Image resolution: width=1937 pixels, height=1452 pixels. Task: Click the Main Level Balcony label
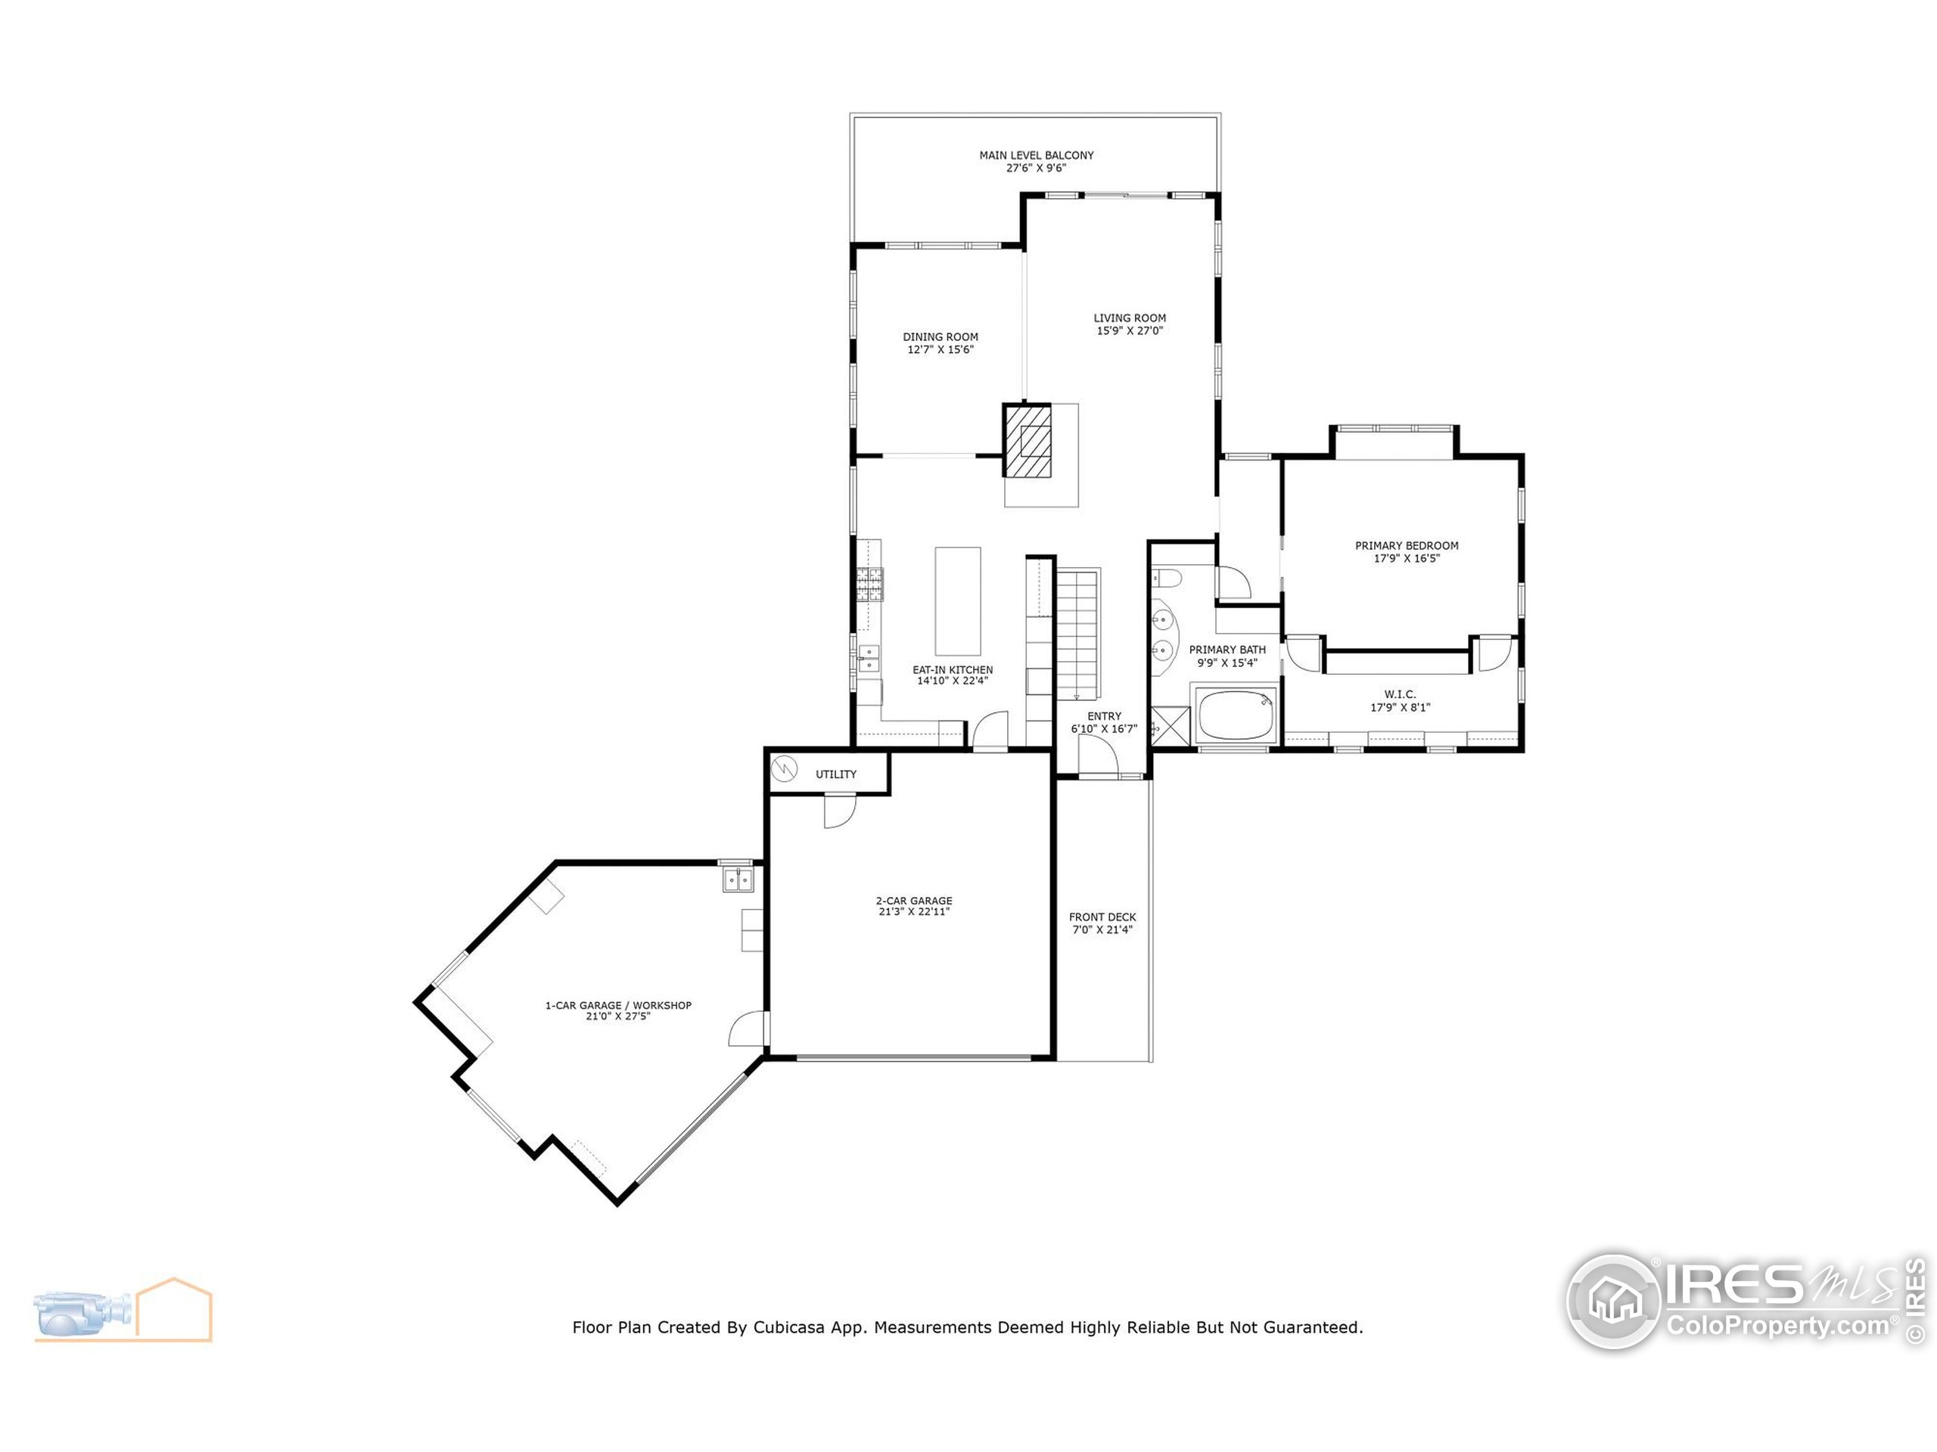pos(1036,155)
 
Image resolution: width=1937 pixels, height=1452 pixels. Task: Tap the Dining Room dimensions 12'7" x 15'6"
pos(941,350)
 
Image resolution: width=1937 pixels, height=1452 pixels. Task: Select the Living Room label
pos(1130,318)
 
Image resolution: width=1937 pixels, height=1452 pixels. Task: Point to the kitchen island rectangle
pos(957,601)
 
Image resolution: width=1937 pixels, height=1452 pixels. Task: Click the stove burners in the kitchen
pos(870,584)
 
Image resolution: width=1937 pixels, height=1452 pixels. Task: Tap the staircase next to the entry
pos(1077,633)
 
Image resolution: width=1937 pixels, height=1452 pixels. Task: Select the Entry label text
pos(1104,716)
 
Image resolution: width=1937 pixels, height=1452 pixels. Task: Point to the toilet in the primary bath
pos(1167,578)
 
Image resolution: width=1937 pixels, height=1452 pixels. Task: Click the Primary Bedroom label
pos(1407,545)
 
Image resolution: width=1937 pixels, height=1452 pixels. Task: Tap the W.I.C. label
pos(1399,694)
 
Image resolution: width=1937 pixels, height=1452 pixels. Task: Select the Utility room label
pos(836,774)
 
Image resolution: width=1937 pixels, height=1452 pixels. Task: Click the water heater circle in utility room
pos(785,770)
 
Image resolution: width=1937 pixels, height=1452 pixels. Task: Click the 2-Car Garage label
pos(913,901)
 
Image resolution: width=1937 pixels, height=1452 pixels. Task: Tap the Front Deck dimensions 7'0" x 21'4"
pos(1102,929)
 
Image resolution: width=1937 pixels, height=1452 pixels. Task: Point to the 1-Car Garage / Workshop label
pos(618,1005)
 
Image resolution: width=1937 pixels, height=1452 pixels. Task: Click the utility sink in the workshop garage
pos(737,879)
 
